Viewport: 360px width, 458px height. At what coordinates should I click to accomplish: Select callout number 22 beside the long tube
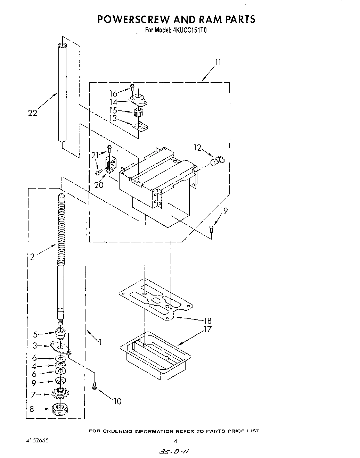32,113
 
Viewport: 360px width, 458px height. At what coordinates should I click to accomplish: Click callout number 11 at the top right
218,63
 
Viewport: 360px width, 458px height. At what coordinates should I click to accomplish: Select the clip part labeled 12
218,162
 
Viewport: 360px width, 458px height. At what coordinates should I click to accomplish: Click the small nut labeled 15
138,112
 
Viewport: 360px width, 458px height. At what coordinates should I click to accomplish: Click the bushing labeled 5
61,335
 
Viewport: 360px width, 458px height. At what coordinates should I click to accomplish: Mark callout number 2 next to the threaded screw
32,257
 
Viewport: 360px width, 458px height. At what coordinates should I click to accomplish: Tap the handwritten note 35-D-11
175,452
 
